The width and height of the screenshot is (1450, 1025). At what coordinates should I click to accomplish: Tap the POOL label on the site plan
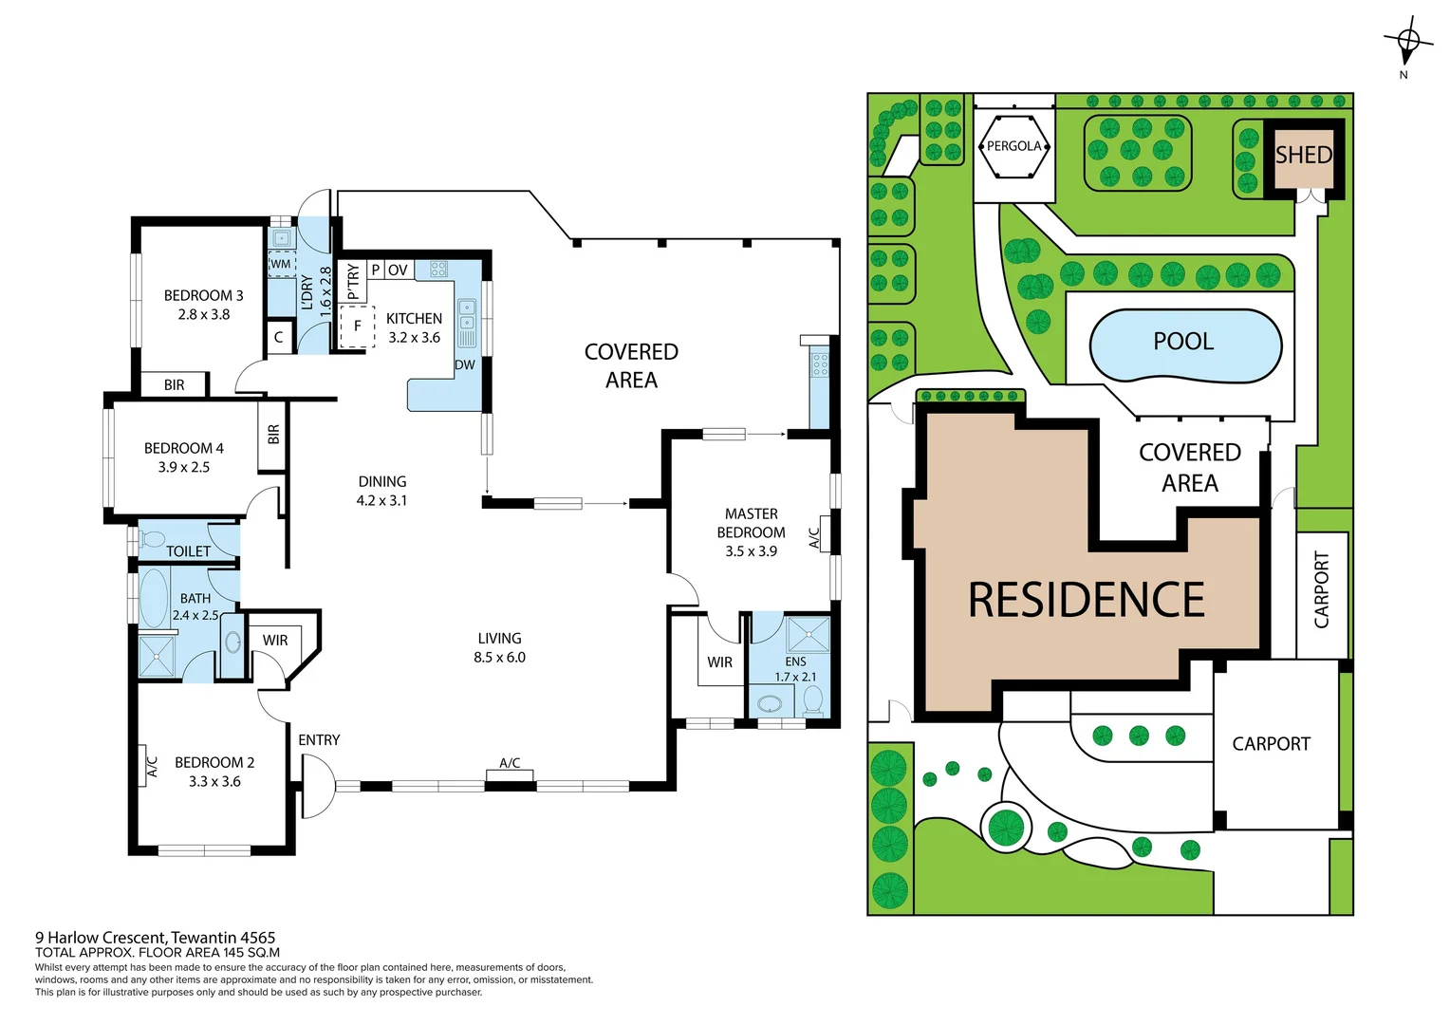click(1183, 342)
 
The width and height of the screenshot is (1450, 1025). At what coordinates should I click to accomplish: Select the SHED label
click(1303, 155)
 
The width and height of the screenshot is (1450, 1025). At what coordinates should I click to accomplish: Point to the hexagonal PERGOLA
click(1013, 146)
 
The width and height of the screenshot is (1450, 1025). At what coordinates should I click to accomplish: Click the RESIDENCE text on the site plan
click(1086, 600)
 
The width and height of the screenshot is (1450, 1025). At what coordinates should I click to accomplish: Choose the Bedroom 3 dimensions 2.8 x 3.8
click(203, 314)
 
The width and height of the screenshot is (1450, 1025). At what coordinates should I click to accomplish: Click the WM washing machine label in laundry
click(281, 264)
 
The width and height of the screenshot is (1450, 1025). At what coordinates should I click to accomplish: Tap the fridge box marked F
click(357, 326)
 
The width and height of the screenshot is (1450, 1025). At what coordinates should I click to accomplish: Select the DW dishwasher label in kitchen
click(464, 364)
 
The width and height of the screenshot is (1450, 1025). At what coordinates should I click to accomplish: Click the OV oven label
click(398, 270)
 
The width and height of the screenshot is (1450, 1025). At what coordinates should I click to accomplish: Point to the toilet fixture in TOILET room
click(152, 540)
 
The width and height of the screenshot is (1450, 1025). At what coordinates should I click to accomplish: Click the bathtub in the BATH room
click(154, 599)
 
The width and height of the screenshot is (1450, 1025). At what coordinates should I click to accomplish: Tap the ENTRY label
click(319, 739)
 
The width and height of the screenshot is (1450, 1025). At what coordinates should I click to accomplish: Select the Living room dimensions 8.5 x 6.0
click(499, 657)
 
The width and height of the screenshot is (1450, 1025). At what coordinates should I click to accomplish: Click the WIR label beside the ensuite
click(719, 662)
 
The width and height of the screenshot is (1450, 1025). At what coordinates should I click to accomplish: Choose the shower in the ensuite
click(809, 633)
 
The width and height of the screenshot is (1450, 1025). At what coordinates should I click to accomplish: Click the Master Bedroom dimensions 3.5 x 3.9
click(751, 550)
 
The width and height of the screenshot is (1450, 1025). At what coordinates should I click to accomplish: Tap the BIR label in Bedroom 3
click(174, 384)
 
